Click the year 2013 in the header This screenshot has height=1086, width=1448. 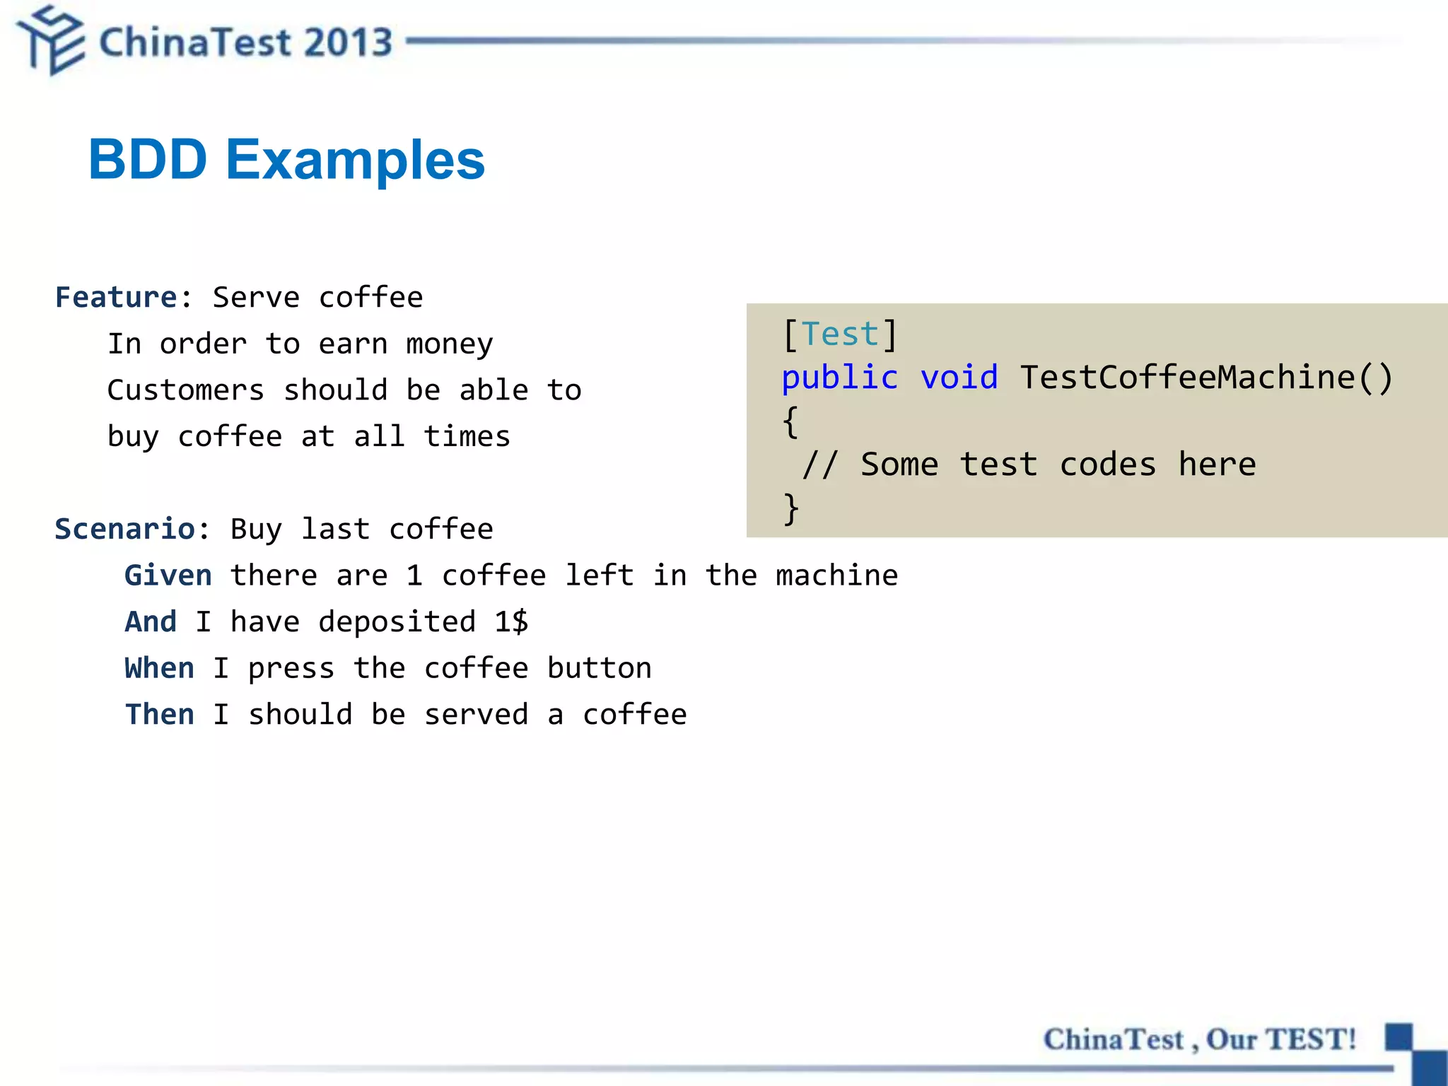[349, 42]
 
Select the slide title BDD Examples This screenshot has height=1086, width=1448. [286, 160]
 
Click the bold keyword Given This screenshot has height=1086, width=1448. [168, 576]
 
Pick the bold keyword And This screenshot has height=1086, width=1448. [151, 622]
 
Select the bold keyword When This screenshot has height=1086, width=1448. [159, 669]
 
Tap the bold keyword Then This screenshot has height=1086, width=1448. [159, 715]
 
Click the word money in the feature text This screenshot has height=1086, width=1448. [450, 345]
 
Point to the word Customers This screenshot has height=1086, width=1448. [186, 390]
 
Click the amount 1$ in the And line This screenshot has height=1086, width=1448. [511, 622]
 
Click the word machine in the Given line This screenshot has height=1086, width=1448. [836, 576]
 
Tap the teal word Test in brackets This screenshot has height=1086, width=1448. [840, 334]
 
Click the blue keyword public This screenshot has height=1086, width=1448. [840, 378]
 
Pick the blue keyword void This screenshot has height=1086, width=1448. [959, 378]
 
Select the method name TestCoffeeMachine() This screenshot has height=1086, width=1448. [1206, 378]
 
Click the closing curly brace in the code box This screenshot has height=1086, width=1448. [791, 508]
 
